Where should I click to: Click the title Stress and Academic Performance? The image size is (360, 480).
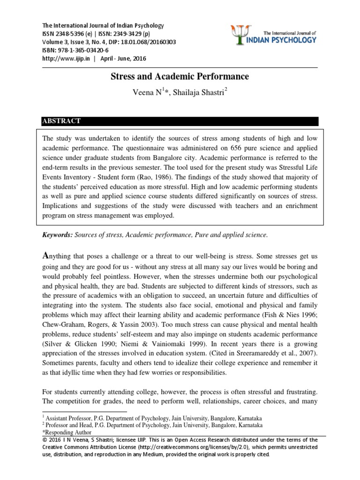180,76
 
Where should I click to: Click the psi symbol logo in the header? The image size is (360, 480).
240,36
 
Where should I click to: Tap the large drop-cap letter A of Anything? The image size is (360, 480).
46,255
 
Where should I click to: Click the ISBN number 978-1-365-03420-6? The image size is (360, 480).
82,51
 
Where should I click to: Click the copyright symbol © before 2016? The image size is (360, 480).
45,440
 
